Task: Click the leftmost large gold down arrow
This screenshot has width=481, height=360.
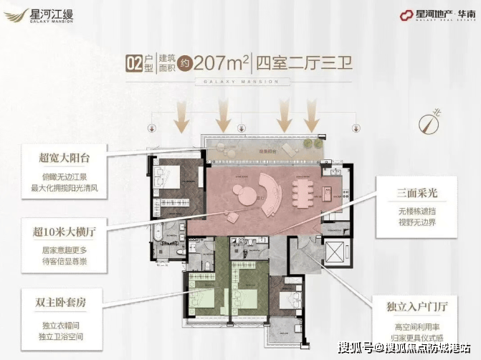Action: (x=181, y=115)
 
